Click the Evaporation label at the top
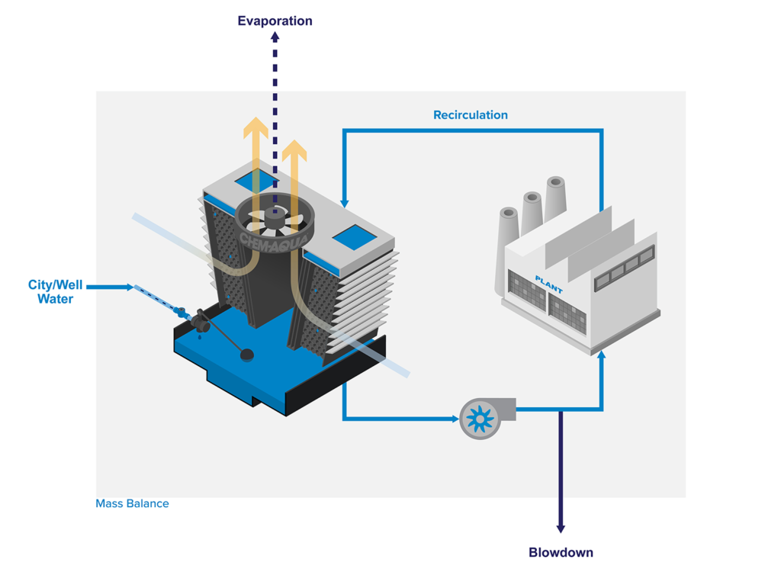pos(275,21)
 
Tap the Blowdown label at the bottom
pos(561,552)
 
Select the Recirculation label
pos(470,115)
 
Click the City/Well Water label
pos(56,292)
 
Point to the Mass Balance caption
pos(132,503)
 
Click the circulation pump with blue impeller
pos(480,418)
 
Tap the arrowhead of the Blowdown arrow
pos(561,527)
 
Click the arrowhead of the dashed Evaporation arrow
pos(275,38)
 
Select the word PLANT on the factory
pos(548,284)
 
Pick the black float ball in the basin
pos(246,354)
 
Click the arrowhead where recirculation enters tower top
pos(345,203)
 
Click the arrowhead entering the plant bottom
pos(602,355)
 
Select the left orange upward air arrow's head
pos(256,127)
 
